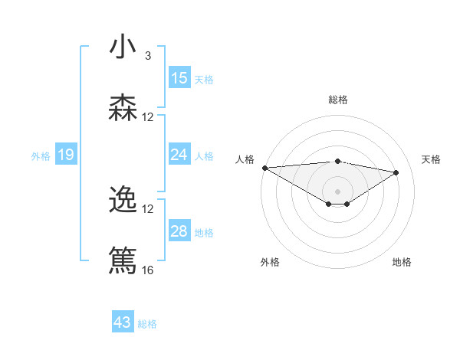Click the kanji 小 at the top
pos(123,47)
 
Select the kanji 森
pos(123,108)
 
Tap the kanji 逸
pos(123,200)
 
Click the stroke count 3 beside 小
pos(148,56)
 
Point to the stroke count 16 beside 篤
pos(148,270)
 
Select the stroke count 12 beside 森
pos(148,117)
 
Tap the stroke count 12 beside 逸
pos(148,209)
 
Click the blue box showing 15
pos(179,78)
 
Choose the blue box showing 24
pos(179,155)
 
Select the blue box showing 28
pos(179,231)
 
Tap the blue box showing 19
pos(65,155)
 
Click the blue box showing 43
pos(123,322)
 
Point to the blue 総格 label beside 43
pos(147,324)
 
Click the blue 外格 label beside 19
pos(41,155)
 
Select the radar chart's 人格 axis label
pos(245,159)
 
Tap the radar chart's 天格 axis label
pos(431,159)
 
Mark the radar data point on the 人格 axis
pos(264,168)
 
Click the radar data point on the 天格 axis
pos(396,172)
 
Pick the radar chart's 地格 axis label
pos(402,262)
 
